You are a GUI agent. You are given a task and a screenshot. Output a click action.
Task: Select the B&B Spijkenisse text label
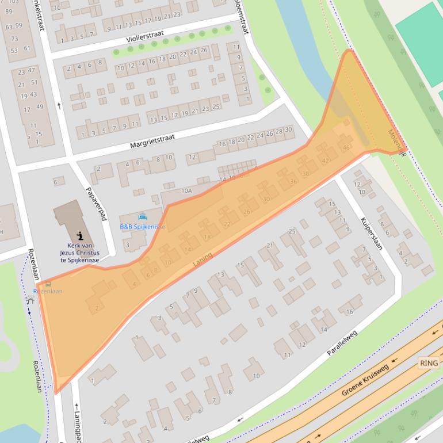pos(143,227)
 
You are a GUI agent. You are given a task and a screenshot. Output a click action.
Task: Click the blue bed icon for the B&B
pos(143,217)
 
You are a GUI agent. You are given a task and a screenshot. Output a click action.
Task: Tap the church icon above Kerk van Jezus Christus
pos(80,235)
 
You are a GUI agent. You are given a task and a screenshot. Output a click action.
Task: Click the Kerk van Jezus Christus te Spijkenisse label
pos(79,253)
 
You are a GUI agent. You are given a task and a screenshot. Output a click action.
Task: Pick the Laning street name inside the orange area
pos(203,259)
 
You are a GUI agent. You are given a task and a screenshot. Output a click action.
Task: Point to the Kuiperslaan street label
pos(372,233)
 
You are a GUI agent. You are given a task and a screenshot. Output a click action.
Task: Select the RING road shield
pos(429,363)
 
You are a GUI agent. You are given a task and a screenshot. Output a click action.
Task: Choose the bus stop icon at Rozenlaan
pos(47,284)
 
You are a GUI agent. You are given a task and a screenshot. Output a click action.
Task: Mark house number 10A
pos(186,190)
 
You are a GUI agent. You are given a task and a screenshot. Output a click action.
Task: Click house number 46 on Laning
pos(346,148)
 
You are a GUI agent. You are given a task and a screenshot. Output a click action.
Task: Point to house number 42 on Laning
pos(326,161)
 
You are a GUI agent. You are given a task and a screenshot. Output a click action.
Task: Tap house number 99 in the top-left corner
pos(19,25)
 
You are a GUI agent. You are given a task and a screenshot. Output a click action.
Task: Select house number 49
pos(40,106)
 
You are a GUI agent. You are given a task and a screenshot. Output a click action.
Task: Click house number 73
pos(14,39)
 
